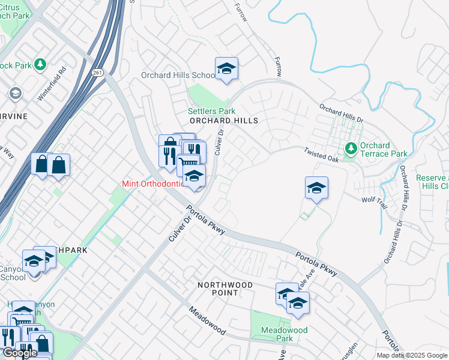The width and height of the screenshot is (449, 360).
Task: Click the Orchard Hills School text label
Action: click(x=178, y=76)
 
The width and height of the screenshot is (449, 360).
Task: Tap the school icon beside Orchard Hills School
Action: click(x=226, y=70)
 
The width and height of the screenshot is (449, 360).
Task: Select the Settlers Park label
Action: click(x=211, y=111)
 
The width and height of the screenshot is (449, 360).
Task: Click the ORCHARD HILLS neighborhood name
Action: click(x=224, y=121)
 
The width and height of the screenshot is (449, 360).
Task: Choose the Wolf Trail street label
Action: click(x=375, y=200)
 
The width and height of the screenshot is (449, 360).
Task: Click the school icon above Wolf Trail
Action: click(x=316, y=189)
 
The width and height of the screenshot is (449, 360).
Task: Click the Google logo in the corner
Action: click(x=20, y=353)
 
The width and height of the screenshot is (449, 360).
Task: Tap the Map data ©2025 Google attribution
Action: click(x=412, y=355)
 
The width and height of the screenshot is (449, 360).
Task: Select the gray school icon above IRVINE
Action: click(x=15, y=94)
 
